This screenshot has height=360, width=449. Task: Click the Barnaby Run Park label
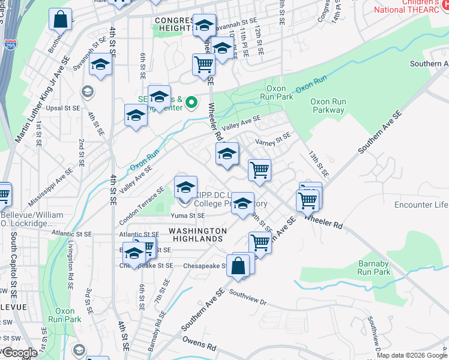tap(374, 268)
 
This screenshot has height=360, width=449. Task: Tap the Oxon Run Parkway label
tap(328, 106)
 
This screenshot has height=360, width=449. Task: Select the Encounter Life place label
tap(421, 205)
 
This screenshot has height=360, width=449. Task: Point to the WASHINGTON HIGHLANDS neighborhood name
tap(197, 235)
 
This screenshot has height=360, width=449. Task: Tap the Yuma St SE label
tap(188, 215)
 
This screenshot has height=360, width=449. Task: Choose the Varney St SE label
tap(273, 142)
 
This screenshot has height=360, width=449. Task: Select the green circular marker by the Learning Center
tap(192, 103)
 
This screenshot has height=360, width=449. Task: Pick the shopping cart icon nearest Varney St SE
tap(259, 170)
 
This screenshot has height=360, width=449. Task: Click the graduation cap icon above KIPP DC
tap(185, 187)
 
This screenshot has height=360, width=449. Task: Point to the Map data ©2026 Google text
tap(412, 355)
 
